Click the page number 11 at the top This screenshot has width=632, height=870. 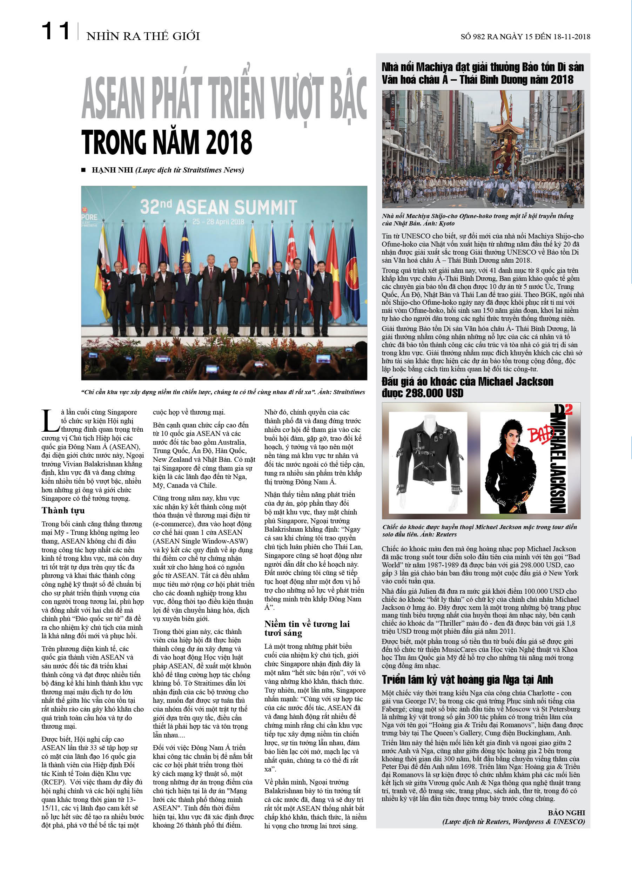click(56, 31)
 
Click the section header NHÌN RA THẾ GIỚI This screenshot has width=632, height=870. click(143, 36)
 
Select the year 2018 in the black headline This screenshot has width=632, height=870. click(229, 142)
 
